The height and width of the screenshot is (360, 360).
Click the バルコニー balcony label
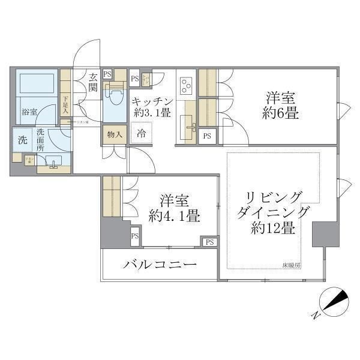161,265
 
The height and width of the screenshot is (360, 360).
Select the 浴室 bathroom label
29,112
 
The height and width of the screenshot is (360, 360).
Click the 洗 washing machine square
22,141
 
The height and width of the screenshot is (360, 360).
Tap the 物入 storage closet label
114,134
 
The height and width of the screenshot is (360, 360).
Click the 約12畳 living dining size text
272,228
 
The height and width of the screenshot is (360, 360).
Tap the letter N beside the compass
316,314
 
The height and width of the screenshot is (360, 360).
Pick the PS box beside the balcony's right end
209,242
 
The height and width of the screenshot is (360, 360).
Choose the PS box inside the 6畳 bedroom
208,136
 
